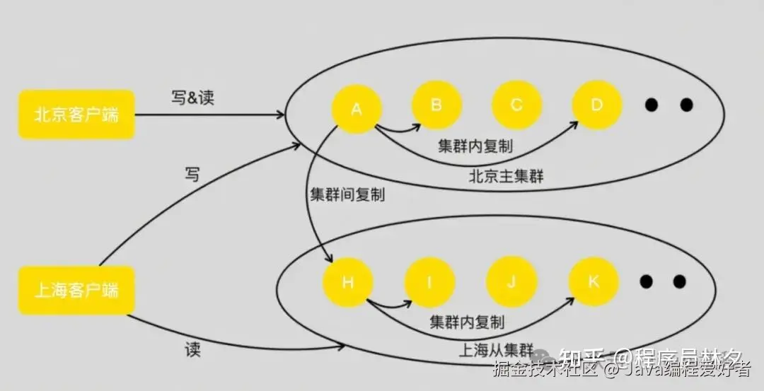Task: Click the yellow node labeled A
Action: click(357, 108)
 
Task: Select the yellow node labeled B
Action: click(436, 105)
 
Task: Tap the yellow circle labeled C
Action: click(516, 105)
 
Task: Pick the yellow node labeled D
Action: click(596, 105)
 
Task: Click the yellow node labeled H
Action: click(347, 283)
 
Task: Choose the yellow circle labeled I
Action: click(429, 283)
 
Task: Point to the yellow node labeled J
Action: click(511, 281)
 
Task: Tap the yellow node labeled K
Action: click(594, 281)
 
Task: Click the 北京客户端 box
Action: click(76, 114)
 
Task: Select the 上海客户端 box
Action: click(76, 290)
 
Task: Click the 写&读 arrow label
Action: click(192, 98)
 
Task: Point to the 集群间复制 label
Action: click(347, 194)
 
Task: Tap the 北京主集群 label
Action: click(506, 176)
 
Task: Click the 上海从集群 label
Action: click(497, 349)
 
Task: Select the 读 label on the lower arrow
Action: click(192, 349)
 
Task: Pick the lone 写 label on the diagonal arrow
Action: click(192, 174)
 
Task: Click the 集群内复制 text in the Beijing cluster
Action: click(475, 146)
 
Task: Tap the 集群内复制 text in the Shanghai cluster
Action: click(467, 322)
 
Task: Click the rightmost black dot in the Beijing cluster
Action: click(686, 105)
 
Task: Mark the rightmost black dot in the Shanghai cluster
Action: click(679, 281)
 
